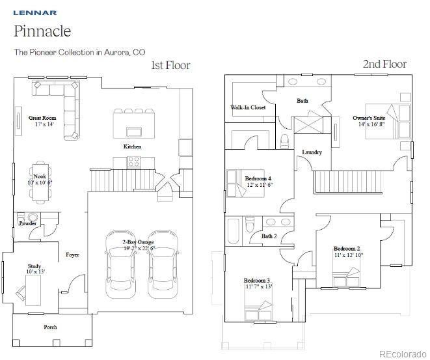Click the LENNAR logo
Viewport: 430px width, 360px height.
coord(35,12)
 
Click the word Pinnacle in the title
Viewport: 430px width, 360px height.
coord(42,31)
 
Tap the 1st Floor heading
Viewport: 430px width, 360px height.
coord(171,65)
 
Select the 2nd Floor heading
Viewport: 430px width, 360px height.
coord(384,64)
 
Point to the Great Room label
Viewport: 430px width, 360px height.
coord(42,118)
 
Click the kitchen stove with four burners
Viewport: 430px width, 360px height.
coord(134,162)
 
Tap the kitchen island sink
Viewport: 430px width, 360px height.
coord(134,132)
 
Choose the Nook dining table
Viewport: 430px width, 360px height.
coord(40,182)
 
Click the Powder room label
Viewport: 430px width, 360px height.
coord(28,224)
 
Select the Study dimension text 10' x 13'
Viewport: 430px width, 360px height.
coord(35,271)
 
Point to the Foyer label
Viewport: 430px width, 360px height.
coord(72,255)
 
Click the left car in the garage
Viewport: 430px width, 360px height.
coord(120,264)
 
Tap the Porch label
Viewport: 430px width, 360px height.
coord(51,327)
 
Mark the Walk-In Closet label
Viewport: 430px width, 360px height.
coord(248,107)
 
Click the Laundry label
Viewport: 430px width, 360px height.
coord(312,152)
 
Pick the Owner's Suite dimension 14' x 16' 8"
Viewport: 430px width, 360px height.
coord(371,124)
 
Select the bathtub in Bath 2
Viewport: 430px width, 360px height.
coord(234,230)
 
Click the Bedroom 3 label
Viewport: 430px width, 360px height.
coord(257,281)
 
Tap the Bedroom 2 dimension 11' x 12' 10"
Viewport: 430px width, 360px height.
coord(349,255)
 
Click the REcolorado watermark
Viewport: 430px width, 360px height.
coord(403,354)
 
